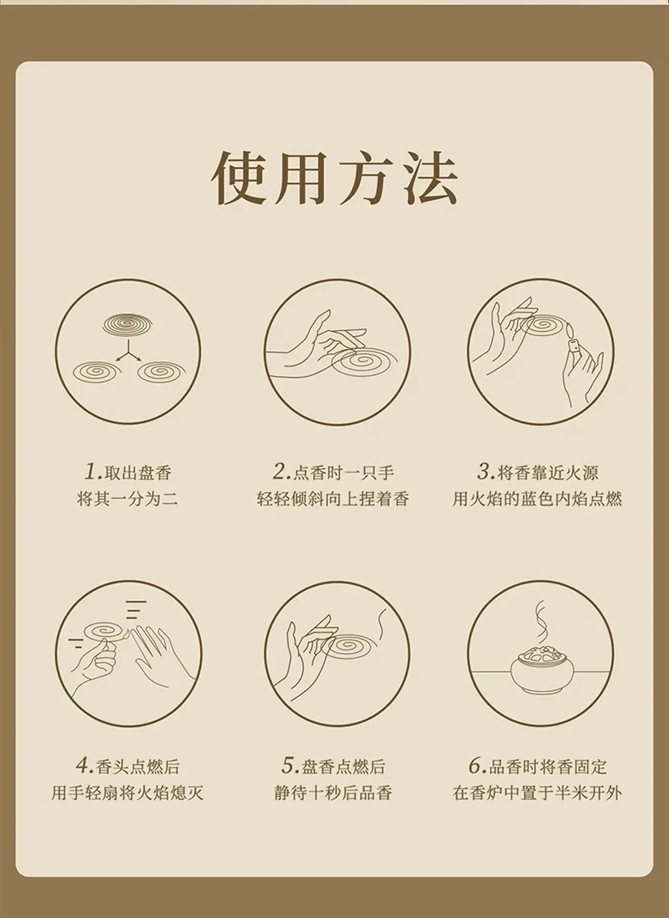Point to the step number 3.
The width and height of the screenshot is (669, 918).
pyautogui.click(x=486, y=472)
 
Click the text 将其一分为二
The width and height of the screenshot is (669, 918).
pyautogui.click(x=128, y=499)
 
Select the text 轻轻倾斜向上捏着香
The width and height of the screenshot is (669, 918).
pyautogui.click(x=333, y=499)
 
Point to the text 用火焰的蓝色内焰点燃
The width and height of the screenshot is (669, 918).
pyautogui.click(x=537, y=499)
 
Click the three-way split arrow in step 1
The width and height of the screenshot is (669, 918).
pyautogui.click(x=128, y=352)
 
